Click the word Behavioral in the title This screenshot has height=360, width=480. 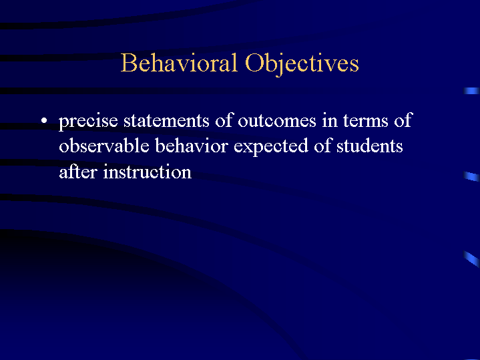coord(179,63)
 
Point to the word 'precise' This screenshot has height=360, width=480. coord(88,122)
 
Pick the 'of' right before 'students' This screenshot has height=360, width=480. coord(323,146)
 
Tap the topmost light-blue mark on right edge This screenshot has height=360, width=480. coord(472,90)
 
